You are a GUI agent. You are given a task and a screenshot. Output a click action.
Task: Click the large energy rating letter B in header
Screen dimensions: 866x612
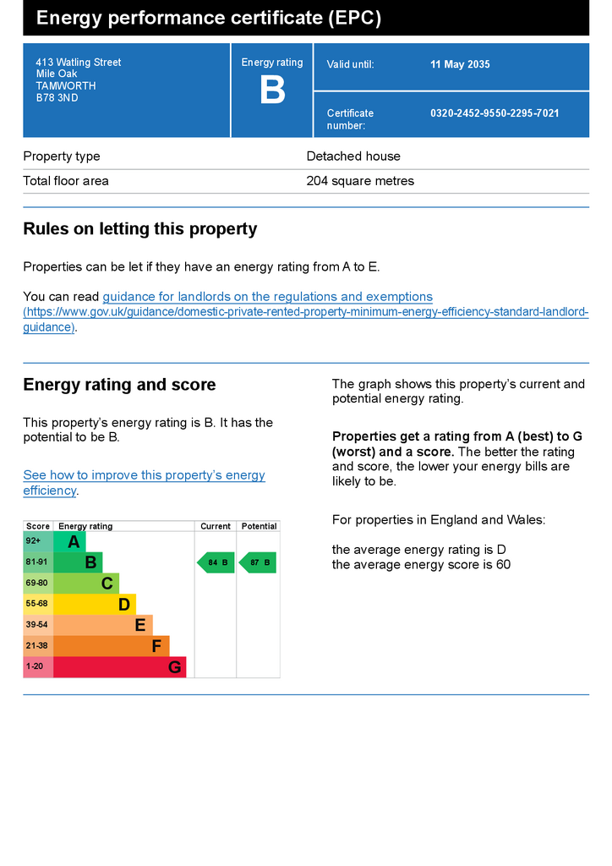pos(272,90)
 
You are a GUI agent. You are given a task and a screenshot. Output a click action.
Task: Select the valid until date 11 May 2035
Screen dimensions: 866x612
pos(460,65)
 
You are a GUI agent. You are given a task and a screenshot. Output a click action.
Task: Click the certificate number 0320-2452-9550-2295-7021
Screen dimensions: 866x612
pos(495,113)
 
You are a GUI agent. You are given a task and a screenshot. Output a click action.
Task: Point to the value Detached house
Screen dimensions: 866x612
pos(353,156)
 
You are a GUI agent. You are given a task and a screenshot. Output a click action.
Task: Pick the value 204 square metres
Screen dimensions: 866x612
pos(360,181)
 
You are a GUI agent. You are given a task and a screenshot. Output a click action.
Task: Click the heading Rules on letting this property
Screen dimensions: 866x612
pos(140,229)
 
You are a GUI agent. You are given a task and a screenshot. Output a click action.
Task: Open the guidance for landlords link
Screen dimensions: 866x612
pos(267,297)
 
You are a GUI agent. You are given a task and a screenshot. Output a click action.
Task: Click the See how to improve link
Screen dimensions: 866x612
pos(144,475)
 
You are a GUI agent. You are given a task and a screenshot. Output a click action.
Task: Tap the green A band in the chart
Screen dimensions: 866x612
pos(70,542)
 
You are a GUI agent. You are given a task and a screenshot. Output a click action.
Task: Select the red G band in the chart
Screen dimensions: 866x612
pos(119,667)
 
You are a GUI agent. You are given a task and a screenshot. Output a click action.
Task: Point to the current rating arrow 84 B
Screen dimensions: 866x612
pos(216,562)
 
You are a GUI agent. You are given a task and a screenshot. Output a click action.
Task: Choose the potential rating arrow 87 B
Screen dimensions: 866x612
pos(258,562)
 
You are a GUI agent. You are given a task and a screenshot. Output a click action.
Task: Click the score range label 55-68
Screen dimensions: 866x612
pos(37,605)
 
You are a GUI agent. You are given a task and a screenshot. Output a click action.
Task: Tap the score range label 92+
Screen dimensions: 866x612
pos(34,541)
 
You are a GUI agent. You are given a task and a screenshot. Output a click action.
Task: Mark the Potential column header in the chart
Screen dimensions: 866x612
pos(259,526)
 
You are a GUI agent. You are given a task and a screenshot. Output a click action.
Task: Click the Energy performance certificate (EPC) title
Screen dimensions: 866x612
pos(209,19)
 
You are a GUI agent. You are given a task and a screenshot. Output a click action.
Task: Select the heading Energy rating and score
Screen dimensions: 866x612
pos(119,385)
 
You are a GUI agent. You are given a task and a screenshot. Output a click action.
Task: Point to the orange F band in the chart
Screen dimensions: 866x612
pos(111,646)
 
